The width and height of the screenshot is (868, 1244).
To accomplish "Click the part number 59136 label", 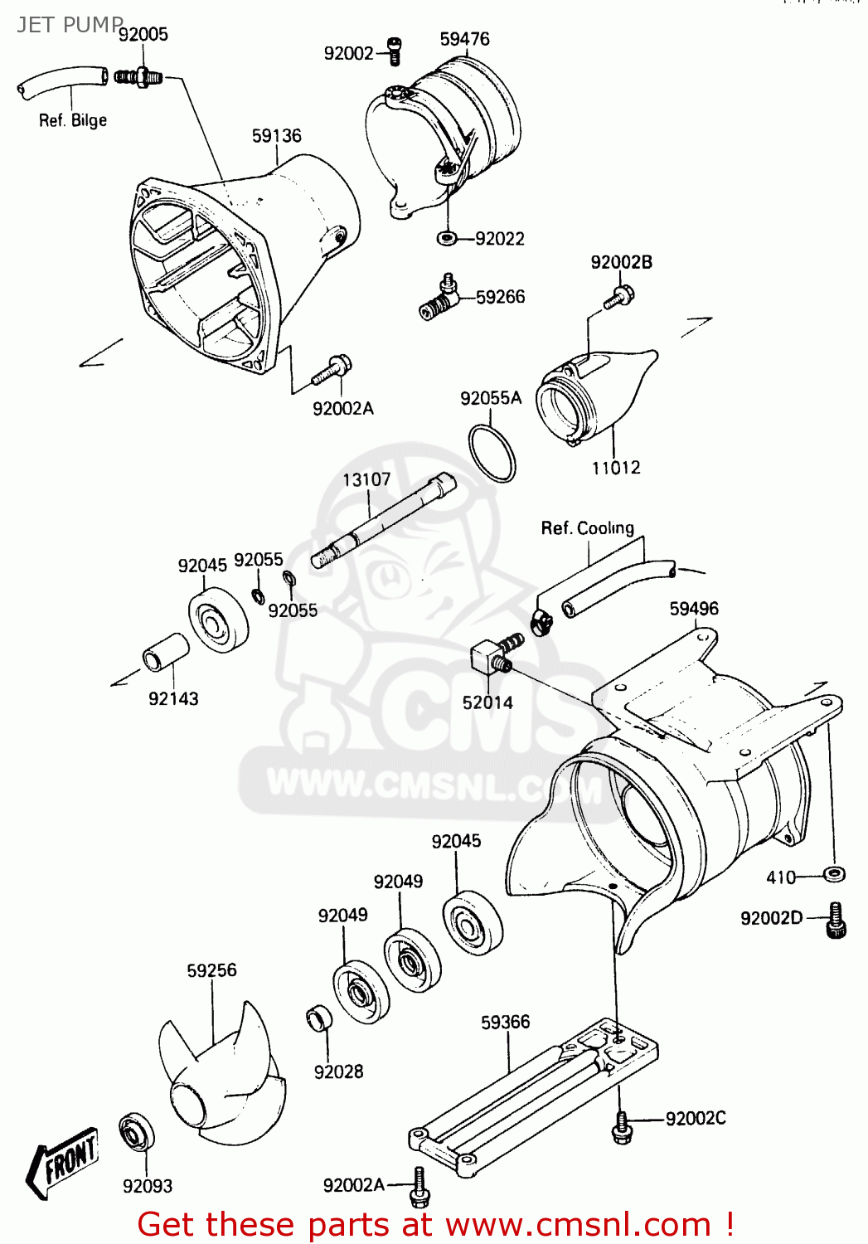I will coord(276,135).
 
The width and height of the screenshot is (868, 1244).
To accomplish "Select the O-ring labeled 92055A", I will coord(492,454).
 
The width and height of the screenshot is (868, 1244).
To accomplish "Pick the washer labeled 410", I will coord(834,873).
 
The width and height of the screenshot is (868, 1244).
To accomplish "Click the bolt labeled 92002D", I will coord(835,921).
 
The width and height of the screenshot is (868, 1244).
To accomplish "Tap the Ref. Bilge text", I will coord(73,120).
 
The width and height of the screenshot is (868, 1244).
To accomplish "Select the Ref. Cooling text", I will coord(587,528).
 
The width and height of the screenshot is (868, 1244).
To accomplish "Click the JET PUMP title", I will coord(70,24).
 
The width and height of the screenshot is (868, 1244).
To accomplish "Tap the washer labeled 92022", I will coord(446,239).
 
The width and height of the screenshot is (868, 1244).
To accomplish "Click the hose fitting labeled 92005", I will coord(138,78).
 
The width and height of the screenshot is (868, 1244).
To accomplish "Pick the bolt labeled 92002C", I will coord(623,1127).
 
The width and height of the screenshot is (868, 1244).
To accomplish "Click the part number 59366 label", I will coord(505,1022).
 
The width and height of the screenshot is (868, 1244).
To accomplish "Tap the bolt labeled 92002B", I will coord(618,296).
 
